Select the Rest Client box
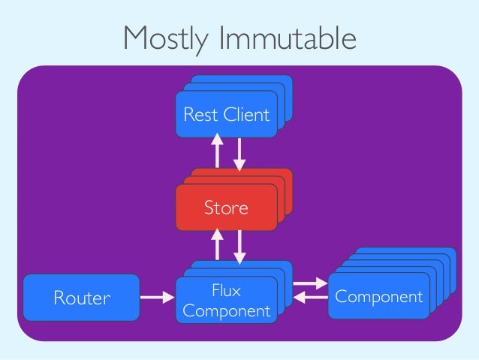tap(226, 115)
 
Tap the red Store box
tap(226, 207)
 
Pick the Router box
tap(81, 298)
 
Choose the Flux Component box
tap(226, 300)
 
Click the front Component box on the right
tap(379, 296)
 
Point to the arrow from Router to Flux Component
tap(158, 298)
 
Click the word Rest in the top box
tap(197, 115)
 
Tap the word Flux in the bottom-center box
tap(226, 290)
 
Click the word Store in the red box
tap(226, 207)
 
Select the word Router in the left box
tap(81, 298)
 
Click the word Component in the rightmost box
tap(379, 296)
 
